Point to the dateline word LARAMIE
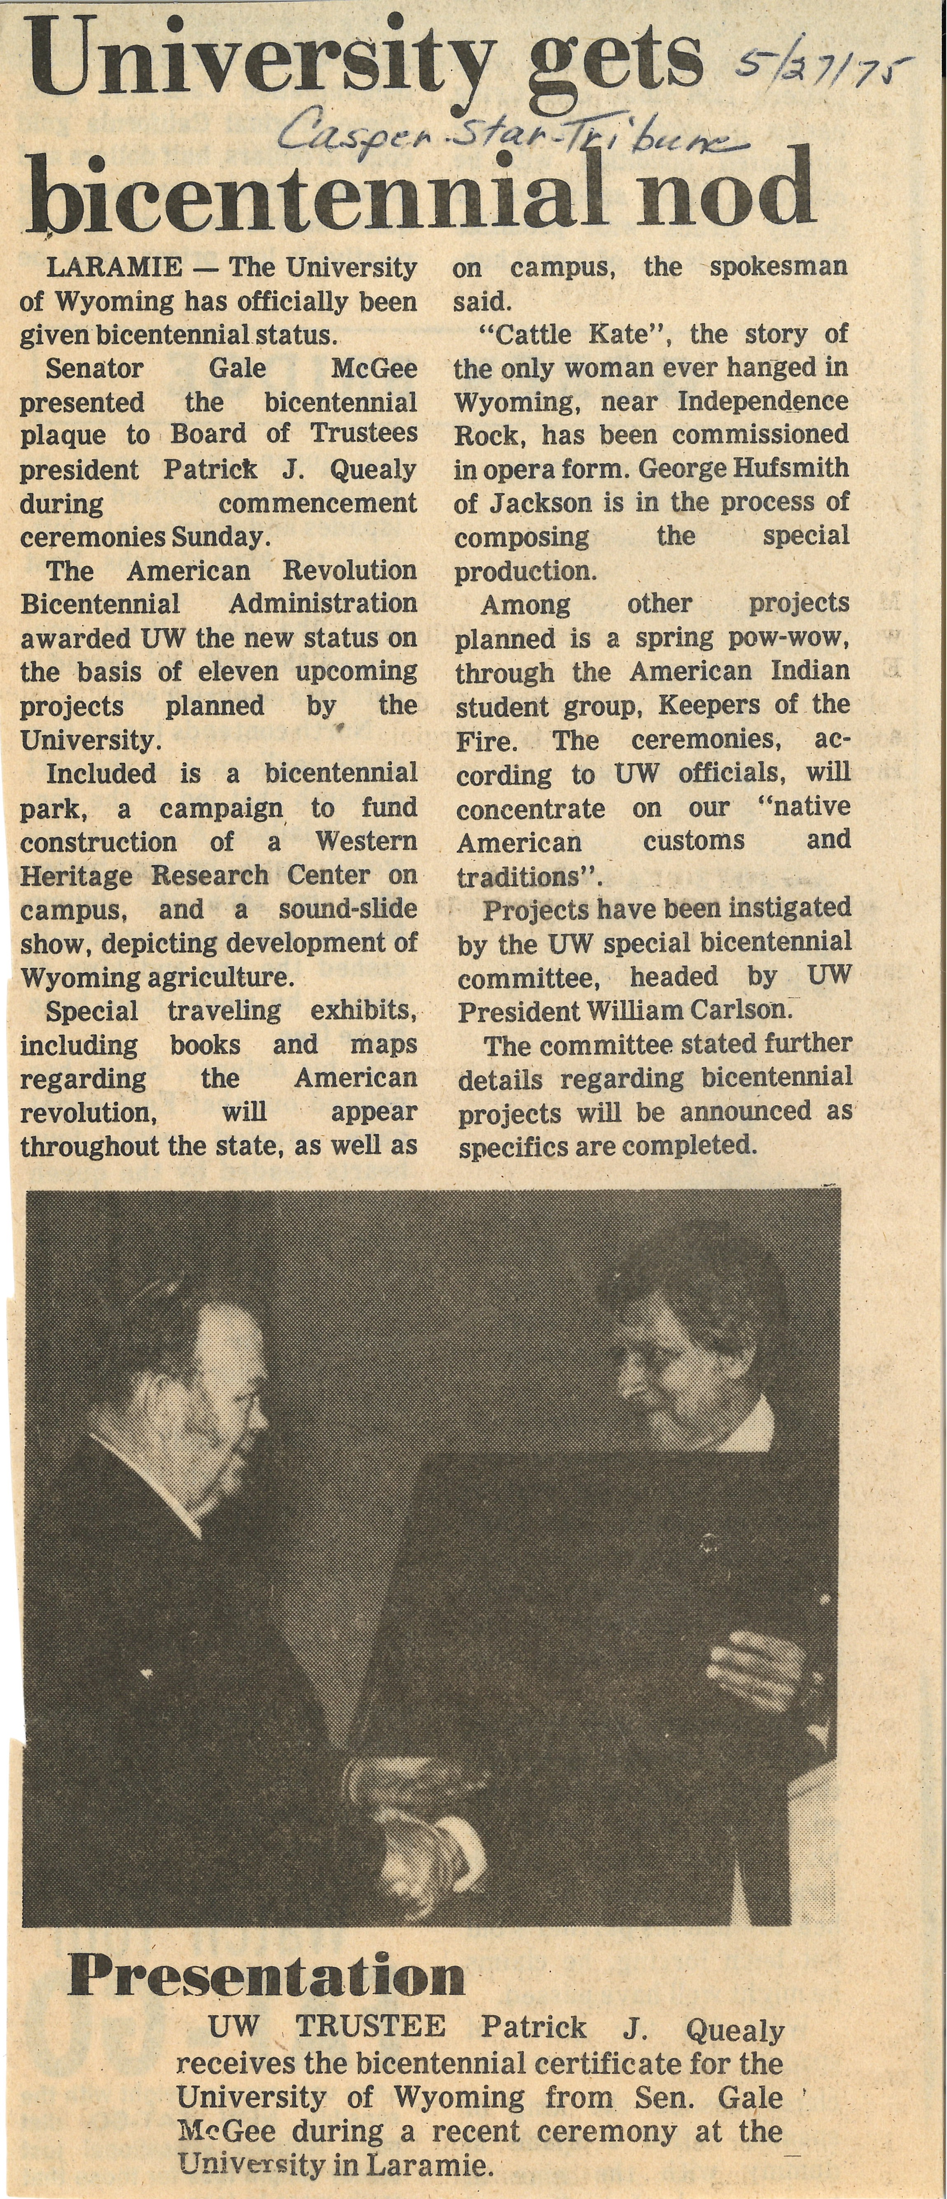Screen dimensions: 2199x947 pyautogui.click(x=114, y=267)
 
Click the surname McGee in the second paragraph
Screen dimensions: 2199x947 pyautogui.click(x=374, y=369)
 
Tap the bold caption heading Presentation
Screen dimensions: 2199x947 pyautogui.click(x=267, y=1976)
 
